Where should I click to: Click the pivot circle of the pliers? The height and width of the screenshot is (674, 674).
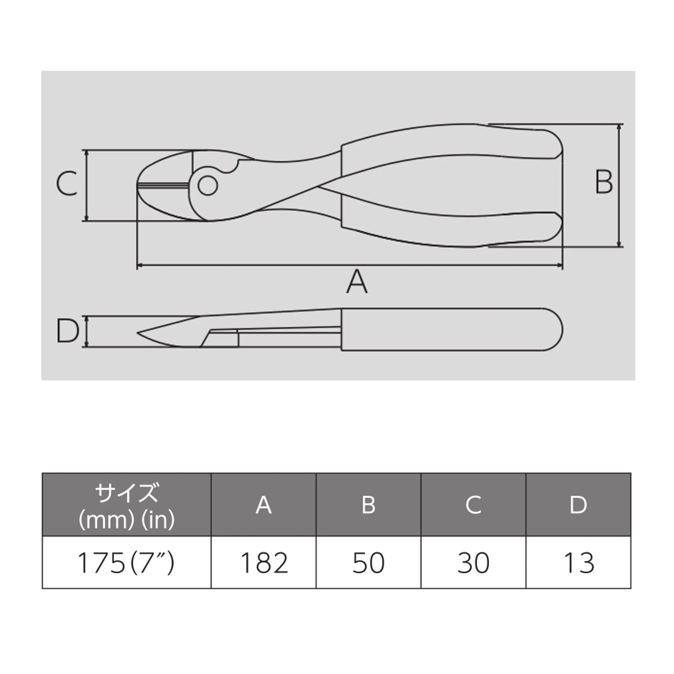[208, 185]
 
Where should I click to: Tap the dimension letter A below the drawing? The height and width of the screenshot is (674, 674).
[357, 281]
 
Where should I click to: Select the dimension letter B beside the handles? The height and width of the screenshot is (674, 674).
[603, 182]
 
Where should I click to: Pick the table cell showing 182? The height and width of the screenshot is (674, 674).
[264, 563]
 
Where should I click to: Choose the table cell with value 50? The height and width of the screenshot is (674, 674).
[368, 563]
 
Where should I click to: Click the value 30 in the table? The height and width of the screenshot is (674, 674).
[473, 563]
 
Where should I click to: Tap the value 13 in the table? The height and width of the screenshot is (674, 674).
[578, 563]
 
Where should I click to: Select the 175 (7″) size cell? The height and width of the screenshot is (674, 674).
[126, 563]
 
